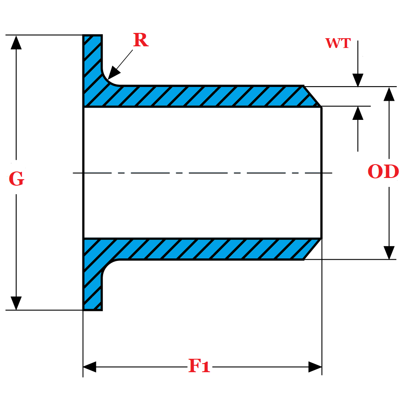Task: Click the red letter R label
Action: tap(140, 40)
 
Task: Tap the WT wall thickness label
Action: tap(338, 43)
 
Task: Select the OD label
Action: tap(383, 172)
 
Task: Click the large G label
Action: tap(16, 179)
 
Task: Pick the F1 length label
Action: tap(199, 366)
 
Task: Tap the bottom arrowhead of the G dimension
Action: tap(16, 303)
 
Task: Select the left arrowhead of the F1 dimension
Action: tap(89, 367)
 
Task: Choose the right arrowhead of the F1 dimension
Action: tap(315, 367)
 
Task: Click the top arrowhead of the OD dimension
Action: tap(389, 94)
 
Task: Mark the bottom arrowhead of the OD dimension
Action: tap(389, 252)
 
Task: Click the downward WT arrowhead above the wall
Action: tap(358, 80)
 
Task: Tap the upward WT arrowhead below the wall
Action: tap(358, 113)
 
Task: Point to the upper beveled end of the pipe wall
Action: tap(312, 97)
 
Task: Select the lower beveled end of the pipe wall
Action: tap(312, 249)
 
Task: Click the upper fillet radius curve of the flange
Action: tap(108, 79)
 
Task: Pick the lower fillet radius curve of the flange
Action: tap(108, 266)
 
